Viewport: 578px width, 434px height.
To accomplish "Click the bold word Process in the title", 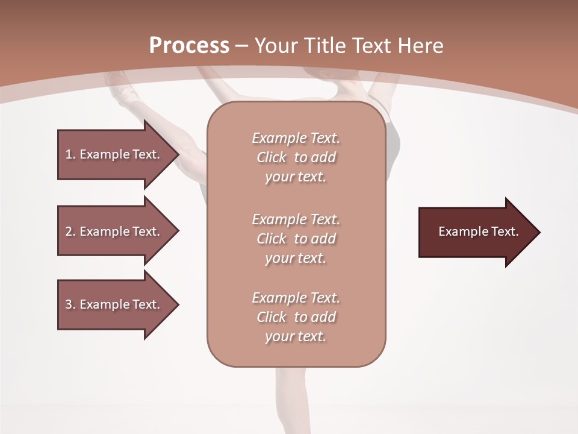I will click(189, 46).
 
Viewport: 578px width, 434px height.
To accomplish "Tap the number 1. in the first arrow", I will click(70, 154).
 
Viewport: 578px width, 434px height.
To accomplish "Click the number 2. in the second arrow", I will click(70, 231).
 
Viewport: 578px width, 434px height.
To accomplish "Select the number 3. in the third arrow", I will click(70, 304).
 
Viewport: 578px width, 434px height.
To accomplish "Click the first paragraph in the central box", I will click(296, 157).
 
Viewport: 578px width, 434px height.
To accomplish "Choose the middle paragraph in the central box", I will click(296, 239).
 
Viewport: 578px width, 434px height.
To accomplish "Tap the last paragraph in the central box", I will click(296, 317).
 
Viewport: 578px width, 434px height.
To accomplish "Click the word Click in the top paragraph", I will click(272, 157).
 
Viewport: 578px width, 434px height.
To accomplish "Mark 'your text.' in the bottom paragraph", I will click(296, 336).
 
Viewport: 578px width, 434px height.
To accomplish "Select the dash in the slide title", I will click(242, 46).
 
